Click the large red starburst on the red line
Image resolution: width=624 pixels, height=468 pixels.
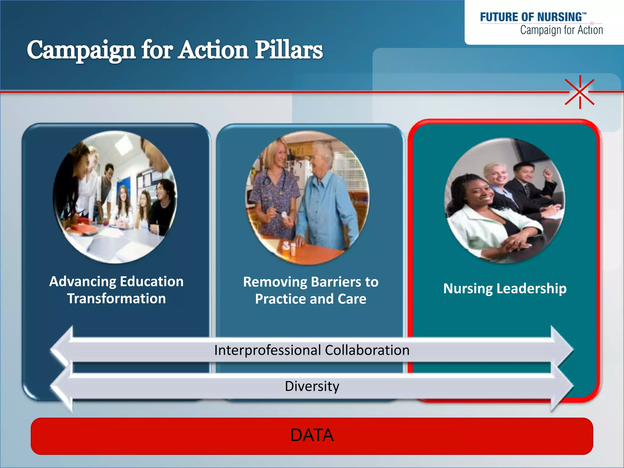pyautogui.click(x=580, y=92)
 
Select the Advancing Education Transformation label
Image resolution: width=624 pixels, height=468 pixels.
pyautogui.click(x=116, y=290)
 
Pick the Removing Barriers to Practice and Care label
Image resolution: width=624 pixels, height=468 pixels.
pyautogui.click(x=310, y=290)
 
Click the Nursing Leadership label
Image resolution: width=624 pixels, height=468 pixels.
pyautogui.click(x=505, y=288)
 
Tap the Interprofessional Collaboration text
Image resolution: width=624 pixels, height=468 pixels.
pyautogui.click(x=312, y=350)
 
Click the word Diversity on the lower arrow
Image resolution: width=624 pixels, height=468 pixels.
pyautogui.click(x=312, y=386)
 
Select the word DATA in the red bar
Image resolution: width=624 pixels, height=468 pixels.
pyautogui.click(x=312, y=435)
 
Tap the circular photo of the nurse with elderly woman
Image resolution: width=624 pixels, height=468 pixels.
pyautogui.click(x=308, y=197)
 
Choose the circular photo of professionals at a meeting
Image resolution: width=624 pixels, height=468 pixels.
pyautogui.click(x=505, y=200)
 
